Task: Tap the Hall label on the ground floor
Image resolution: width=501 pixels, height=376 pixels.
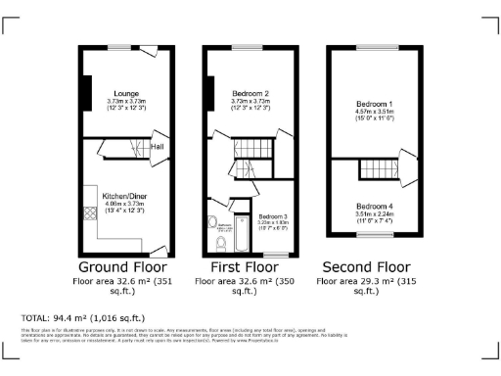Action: (157, 147)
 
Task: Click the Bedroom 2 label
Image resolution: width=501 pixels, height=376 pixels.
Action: (250, 93)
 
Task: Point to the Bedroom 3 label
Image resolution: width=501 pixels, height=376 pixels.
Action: (273, 216)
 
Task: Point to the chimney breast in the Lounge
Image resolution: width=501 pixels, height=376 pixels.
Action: (86, 88)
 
